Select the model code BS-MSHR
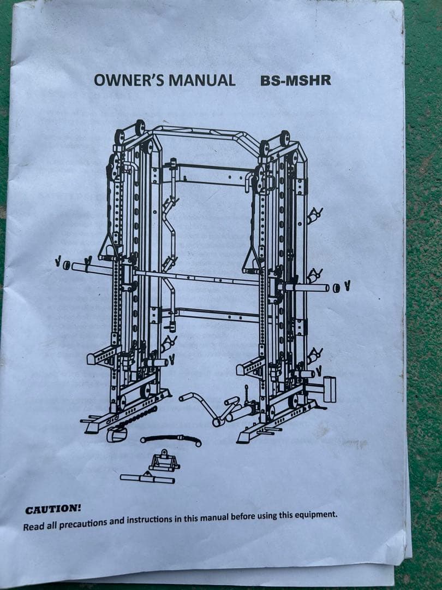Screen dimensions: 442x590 click(x=296, y=80)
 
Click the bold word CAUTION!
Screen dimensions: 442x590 click(x=53, y=509)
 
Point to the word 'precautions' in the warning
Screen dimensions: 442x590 click(x=83, y=523)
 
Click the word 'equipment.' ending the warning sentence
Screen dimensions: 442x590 click(x=316, y=515)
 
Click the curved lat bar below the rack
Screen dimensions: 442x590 click(x=171, y=439)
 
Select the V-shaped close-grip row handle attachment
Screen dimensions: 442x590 click(x=164, y=461)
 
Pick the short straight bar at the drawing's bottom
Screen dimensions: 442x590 click(x=147, y=478)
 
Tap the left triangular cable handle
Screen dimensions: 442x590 click(x=108, y=246)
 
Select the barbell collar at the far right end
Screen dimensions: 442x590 click(x=337, y=288)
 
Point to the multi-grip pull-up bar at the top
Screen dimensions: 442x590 click(x=205, y=134)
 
